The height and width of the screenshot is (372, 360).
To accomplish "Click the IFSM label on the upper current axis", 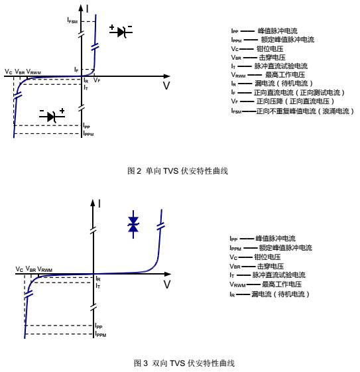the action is (72, 21).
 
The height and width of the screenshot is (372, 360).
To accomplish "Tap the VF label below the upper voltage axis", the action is (97, 80).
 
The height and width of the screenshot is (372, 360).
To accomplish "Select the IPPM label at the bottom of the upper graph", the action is (88, 133).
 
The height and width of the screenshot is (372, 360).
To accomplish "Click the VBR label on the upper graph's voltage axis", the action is (20, 72).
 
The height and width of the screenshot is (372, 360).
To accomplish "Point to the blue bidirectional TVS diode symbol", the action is (133, 224).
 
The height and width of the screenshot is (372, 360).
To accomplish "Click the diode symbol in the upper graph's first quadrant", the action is (121, 32).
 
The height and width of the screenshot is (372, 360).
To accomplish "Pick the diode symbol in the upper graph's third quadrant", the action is (52, 116).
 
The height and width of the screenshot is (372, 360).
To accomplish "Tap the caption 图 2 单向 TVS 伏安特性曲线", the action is (178, 171).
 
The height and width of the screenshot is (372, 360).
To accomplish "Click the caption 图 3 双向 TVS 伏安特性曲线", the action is (184, 363).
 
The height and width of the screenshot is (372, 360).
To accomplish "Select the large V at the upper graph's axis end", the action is (166, 86).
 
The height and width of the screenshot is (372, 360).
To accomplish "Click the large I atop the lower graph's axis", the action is (99, 204).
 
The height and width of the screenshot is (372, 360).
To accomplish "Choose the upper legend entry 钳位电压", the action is (270, 49).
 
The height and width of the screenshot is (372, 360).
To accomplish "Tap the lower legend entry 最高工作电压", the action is (282, 284).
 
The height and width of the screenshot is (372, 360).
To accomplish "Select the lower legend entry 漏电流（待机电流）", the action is (280, 294).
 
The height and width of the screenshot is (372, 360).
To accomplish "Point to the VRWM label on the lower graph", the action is (45, 269).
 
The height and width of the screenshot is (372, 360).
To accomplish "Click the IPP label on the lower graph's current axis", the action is (99, 326).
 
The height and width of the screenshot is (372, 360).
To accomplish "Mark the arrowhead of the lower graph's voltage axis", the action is (168, 274).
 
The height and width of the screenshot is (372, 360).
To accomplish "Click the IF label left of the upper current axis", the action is (76, 70).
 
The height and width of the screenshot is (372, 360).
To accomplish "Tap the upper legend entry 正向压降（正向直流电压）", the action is (295, 101).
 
